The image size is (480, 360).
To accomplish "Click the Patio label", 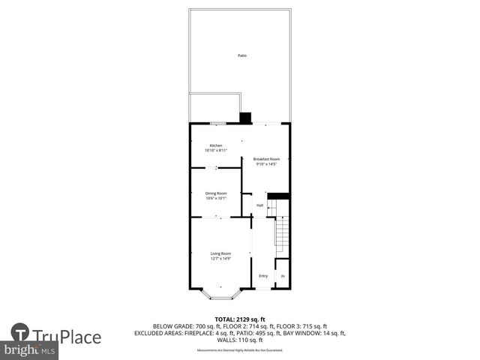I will point(241,56).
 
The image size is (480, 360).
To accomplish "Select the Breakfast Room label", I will point(266,160).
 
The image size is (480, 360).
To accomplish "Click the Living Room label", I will point(220,253).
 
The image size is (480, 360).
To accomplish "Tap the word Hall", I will point(259,205).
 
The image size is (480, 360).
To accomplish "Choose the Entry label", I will point(263,276).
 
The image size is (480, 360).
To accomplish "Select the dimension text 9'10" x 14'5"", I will point(266,165).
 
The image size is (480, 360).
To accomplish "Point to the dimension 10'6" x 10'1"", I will point(216,199).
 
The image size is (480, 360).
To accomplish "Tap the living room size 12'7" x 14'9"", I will point(220,259).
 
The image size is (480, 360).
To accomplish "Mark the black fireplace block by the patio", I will point(245,117).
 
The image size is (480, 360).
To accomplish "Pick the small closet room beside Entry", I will point(283,276).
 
